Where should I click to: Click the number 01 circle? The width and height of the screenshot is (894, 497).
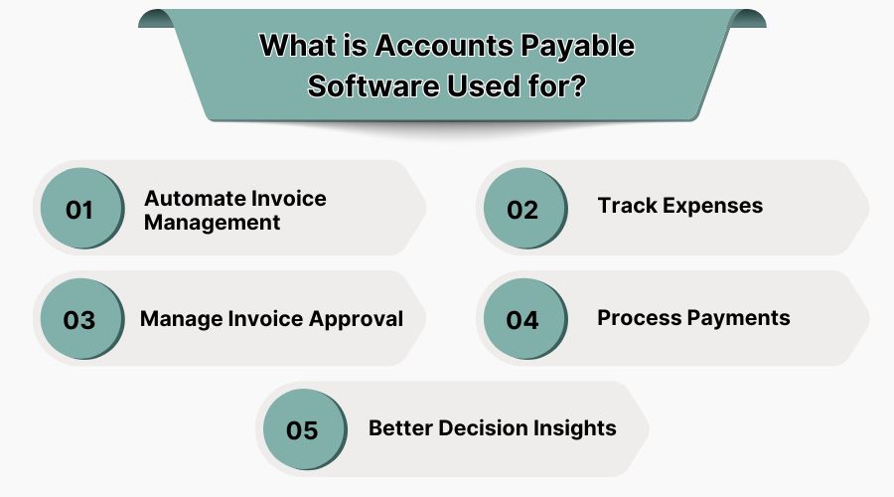coord(79,210)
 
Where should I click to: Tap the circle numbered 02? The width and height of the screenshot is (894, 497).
coord(522,210)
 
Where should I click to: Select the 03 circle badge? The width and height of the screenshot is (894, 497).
coord(79,320)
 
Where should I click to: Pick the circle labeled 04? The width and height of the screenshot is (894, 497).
coord(522,320)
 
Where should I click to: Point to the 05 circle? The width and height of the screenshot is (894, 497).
coord(301,430)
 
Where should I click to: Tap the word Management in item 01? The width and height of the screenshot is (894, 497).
coord(212,223)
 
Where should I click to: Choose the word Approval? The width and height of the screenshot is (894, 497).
coord(359,318)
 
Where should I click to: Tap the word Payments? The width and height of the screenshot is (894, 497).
coord(738,318)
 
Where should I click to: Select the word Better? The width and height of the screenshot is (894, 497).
coord(400,427)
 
